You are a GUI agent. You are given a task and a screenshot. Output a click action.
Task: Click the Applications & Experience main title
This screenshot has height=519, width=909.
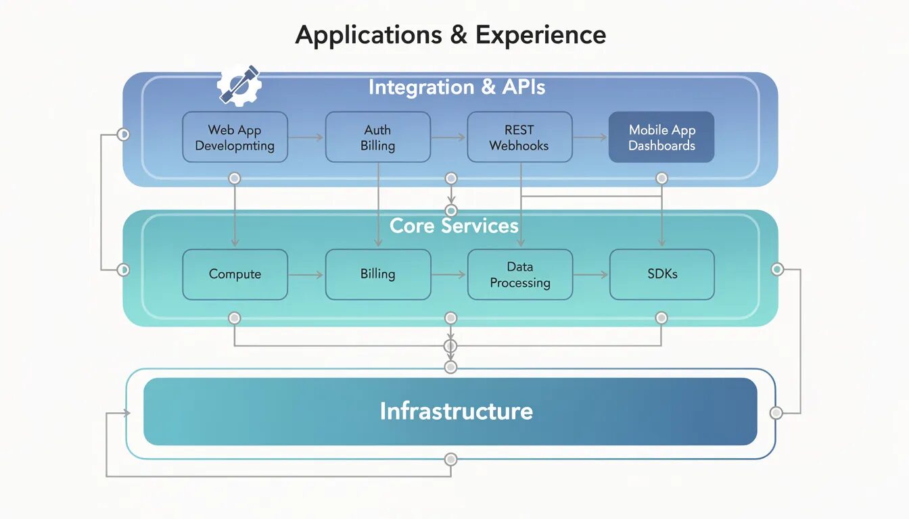point(450,34)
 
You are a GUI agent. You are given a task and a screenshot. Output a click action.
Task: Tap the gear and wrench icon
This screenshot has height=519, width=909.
point(239,86)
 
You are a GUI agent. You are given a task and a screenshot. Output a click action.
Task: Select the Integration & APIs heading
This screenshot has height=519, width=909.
point(457,87)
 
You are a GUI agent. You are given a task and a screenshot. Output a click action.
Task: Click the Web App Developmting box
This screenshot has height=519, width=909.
point(235,137)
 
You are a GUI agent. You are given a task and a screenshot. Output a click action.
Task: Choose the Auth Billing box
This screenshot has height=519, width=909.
point(377,137)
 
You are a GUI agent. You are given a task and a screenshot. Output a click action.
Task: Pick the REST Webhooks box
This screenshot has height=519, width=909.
point(519,137)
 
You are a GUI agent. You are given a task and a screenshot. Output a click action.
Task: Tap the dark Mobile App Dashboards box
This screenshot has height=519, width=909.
point(661,137)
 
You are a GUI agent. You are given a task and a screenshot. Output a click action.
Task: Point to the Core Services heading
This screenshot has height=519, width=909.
point(454,225)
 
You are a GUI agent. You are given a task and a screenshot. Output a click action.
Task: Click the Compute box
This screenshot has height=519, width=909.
point(235,274)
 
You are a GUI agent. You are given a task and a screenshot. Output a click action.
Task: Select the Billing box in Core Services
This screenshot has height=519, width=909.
point(377,274)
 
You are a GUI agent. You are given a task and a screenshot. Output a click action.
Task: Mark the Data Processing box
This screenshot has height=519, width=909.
point(519,274)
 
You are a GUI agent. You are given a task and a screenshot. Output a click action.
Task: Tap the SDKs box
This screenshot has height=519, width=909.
point(661,274)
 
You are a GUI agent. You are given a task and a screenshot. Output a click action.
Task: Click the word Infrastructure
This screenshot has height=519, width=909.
point(456,411)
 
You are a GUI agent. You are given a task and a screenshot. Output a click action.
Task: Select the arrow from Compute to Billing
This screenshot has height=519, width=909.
point(306,274)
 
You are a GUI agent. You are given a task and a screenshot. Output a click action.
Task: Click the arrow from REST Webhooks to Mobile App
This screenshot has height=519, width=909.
point(590,137)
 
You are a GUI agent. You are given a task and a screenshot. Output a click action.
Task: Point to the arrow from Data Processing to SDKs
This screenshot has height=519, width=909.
point(591,274)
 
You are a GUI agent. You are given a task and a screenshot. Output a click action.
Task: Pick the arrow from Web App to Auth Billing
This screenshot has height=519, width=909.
point(306,137)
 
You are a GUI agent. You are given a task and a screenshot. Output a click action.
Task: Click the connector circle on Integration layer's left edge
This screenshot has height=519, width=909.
point(123,134)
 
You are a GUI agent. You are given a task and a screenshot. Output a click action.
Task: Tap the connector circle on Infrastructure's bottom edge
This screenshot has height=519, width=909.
point(451,460)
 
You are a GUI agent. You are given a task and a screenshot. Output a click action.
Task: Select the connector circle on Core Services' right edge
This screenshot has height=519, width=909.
point(778,270)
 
